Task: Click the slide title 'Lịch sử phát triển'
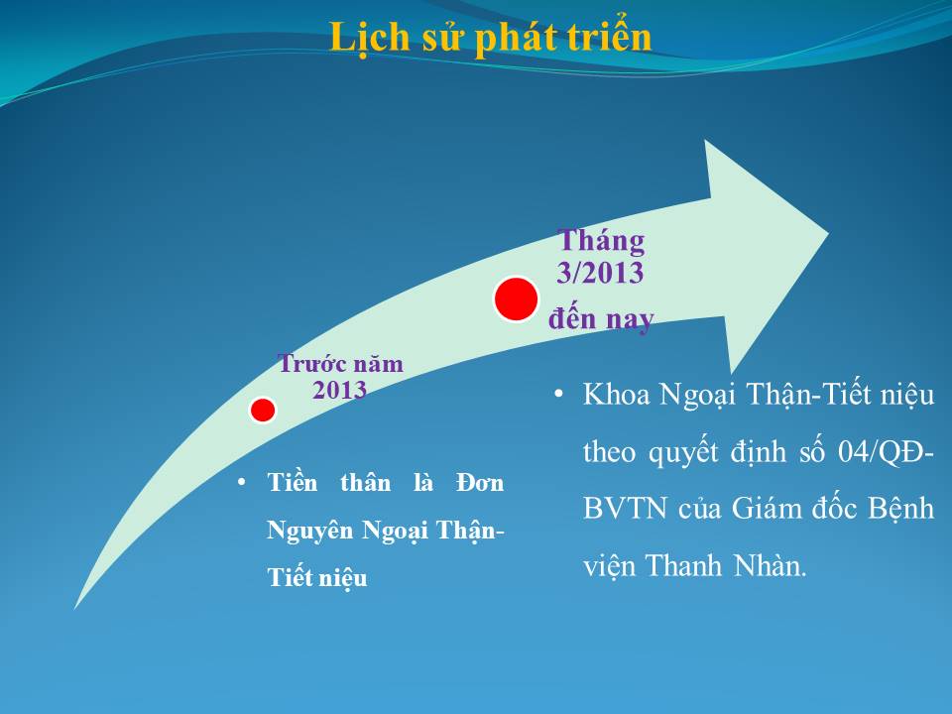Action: (x=491, y=38)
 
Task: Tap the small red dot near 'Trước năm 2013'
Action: (x=263, y=410)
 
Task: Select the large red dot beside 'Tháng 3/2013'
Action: (x=516, y=298)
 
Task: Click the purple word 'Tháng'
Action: (x=601, y=241)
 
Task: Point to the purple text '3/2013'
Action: (x=601, y=272)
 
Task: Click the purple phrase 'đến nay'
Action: (x=601, y=318)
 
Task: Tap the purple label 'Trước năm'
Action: (x=340, y=364)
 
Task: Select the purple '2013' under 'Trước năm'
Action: (x=339, y=390)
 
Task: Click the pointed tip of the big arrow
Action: (x=828, y=232)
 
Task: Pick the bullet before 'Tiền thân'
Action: (x=242, y=483)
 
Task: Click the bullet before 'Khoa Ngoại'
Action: (x=558, y=395)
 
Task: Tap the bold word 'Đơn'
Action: (x=480, y=483)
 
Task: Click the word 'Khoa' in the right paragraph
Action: (x=616, y=395)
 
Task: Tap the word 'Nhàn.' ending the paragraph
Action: (x=770, y=565)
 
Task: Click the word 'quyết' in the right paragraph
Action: (x=683, y=453)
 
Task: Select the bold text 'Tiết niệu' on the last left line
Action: (x=317, y=578)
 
